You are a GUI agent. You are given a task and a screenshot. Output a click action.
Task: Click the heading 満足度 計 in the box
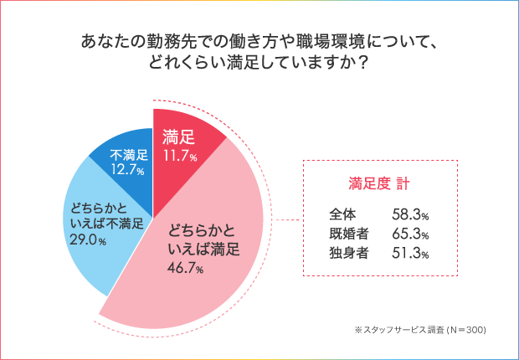378,181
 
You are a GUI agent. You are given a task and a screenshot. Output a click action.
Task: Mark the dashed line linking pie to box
288,221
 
